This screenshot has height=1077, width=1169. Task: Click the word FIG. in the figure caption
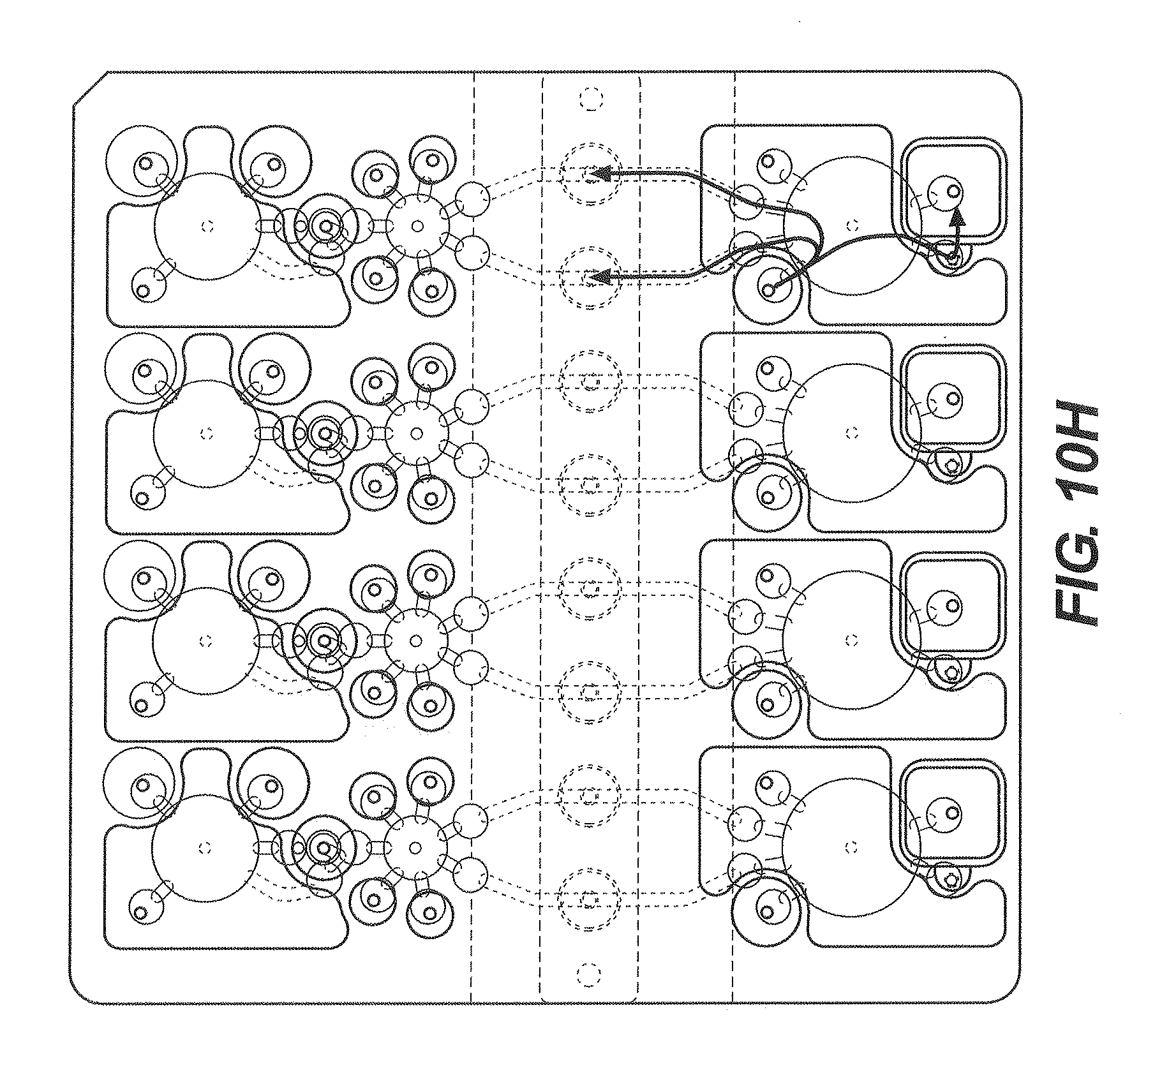[x=1078, y=581]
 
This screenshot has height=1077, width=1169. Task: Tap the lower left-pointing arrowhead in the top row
[x=599, y=278]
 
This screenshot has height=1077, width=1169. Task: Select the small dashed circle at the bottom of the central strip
[x=588, y=993]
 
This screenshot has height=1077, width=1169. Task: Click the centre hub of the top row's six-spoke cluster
[x=417, y=226]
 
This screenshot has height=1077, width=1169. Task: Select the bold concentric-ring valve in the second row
[x=325, y=433]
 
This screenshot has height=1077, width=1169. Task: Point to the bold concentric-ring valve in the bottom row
[x=324, y=848]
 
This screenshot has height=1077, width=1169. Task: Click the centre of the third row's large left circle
[x=205, y=640]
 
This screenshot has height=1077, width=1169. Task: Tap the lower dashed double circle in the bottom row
[x=589, y=900]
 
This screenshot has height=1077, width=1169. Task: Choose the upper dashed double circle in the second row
[x=590, y=382]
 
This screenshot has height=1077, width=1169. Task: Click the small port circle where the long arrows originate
[x=768, y=291]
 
